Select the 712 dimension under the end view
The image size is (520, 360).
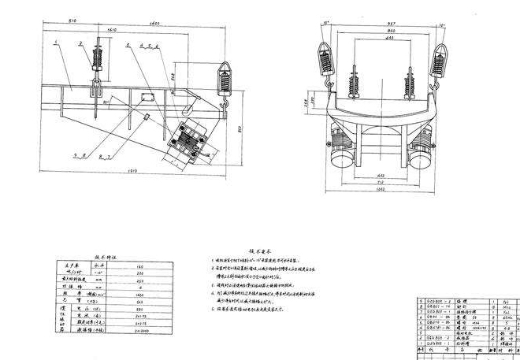[381, 183]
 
